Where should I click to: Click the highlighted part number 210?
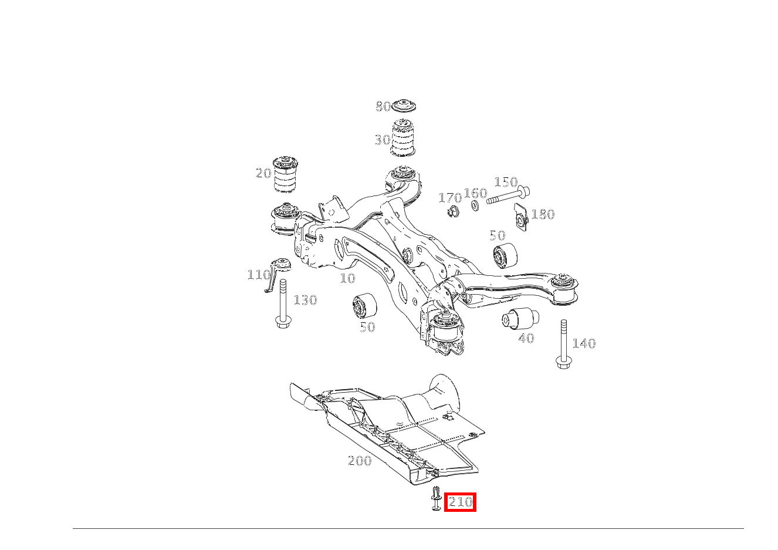pyautogui.click(x=460, y=502)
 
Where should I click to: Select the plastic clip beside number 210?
pyautogui.click(x=436, y=498)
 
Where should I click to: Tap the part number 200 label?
pyautogui.click(x=360, y=461)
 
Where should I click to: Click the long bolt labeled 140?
pyautogui.click(x=563, y=344)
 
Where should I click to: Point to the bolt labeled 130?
pyautogui.click(x=283, y=303)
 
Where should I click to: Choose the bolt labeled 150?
pyautogui.click(x=508, y=195)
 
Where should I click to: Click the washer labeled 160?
pyautogui.click(x=475, y=205)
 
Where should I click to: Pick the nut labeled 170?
pyautogui.click(x=454, y=211)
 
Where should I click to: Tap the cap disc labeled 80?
pyautogui.click(x=404, y=106)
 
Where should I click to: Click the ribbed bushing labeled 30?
pyautogui.click(x=403, y=138)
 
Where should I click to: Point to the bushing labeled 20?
pyautogui.click(x=286, y=174)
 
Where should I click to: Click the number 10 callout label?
pyautogui.click(x=348, y=278)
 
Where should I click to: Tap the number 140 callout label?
pyautogui.click(x=584, y=343)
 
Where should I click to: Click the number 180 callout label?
pyautogui.click(x=543, y=214)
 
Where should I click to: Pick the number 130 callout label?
pyautogui.click(x=305, y=300)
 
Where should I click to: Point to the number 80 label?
pyautogui.click(x=383, y=106)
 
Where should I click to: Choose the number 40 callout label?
pyautogui.click(x=526, y=338)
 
